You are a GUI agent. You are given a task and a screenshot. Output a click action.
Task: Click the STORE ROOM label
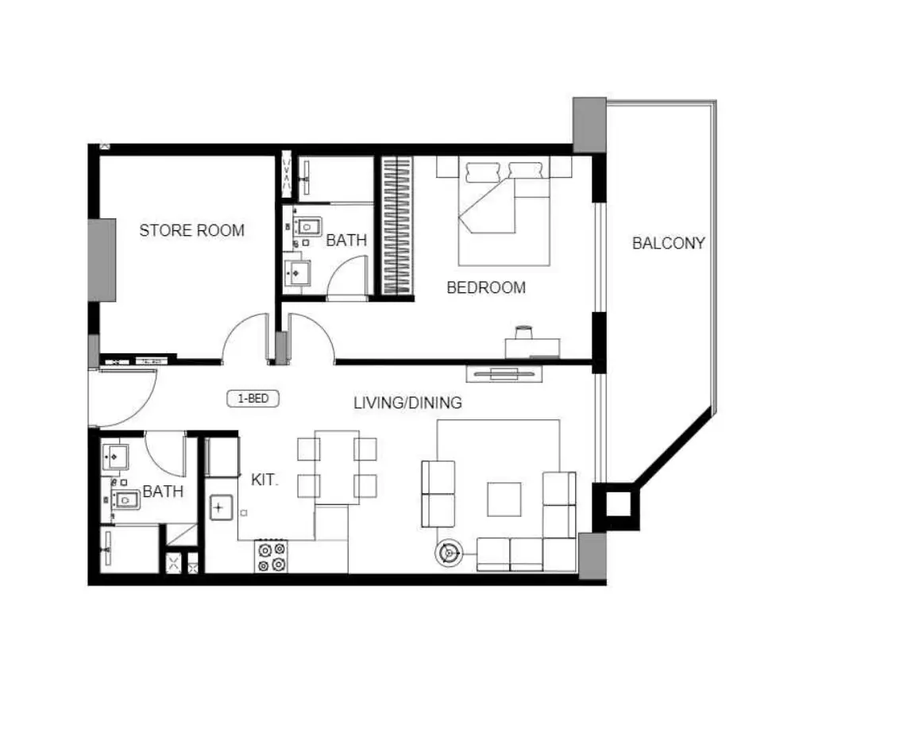tap(192, 230)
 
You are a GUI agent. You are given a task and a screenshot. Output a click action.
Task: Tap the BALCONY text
tap(668, 243)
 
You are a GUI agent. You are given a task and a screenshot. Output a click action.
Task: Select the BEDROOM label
tap(486, 287)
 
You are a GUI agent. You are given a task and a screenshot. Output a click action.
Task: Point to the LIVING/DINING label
tap(407, 403)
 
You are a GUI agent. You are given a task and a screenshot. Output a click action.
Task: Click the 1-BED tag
tap(253, 399)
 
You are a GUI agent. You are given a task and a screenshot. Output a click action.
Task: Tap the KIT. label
tap(264, 480)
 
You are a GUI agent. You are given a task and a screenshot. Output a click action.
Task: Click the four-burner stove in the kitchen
tap(272, 556)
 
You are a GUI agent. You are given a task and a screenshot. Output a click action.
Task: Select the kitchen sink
tap(220, 507)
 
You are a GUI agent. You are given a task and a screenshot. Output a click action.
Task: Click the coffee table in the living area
tap(504, 499)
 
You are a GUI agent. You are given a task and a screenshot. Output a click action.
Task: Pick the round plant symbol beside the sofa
tap(448, 553)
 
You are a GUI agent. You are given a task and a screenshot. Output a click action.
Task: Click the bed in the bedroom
tap(504, 211)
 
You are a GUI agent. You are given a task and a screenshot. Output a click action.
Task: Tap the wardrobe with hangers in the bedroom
tap(397, 226)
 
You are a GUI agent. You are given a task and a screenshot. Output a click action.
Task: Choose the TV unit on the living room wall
tap(504, 374)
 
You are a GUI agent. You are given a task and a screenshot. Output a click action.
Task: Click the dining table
tap(337, 466)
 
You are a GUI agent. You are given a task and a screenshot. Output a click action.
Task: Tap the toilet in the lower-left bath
tap(125, 499)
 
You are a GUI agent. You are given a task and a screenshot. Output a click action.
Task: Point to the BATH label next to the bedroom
tap(346, 240)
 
